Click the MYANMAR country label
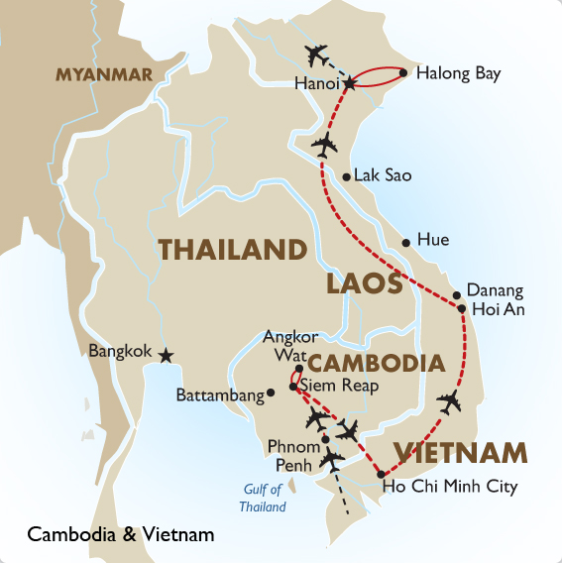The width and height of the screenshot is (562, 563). (104, 75)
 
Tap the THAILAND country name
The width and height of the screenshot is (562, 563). (231, 251)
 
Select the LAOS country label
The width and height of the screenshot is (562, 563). (364, 284)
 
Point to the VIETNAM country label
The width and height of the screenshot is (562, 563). (460, 453)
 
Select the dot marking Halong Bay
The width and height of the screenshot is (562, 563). (403, 72)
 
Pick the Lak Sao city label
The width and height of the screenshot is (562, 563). (383, 176)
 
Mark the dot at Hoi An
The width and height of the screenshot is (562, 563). (463, 309)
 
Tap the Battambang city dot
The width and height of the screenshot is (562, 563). (271, 394)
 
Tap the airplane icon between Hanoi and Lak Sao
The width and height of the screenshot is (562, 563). (324, 146)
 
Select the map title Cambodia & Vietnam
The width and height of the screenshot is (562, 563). (121, 535)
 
